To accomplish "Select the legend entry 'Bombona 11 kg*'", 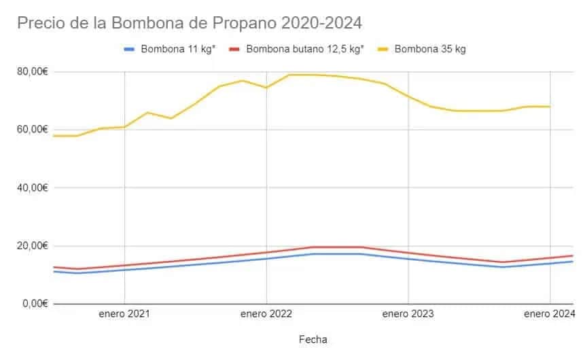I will [x=178, y=49].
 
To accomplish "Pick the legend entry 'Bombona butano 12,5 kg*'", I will [x=305, y=49].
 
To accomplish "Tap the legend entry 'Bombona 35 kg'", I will [x=429, y=49].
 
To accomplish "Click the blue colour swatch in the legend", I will [x=130, y=49].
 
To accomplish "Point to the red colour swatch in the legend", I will [x=235, y=49].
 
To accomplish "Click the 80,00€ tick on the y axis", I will [x=31, y=71].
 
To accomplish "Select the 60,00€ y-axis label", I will [x=31, y=129].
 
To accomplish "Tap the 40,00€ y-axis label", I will [x=31, y=187].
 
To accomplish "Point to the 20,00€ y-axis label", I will [x=31, y=245].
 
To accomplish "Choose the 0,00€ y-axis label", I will [x=34, y=304].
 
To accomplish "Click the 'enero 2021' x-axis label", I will [x=124, y=314].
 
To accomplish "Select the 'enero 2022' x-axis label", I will [x=266, y=314].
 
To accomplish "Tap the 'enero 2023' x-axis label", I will [x=408, y=314].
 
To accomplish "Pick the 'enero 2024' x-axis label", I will [x=549, y=314].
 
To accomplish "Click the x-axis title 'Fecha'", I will [x=313, y=338].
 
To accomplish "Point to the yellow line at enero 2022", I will [x=266, y=88].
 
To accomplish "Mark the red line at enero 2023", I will [x=408, y=253].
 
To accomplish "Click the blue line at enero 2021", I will [x=124, y=270].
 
